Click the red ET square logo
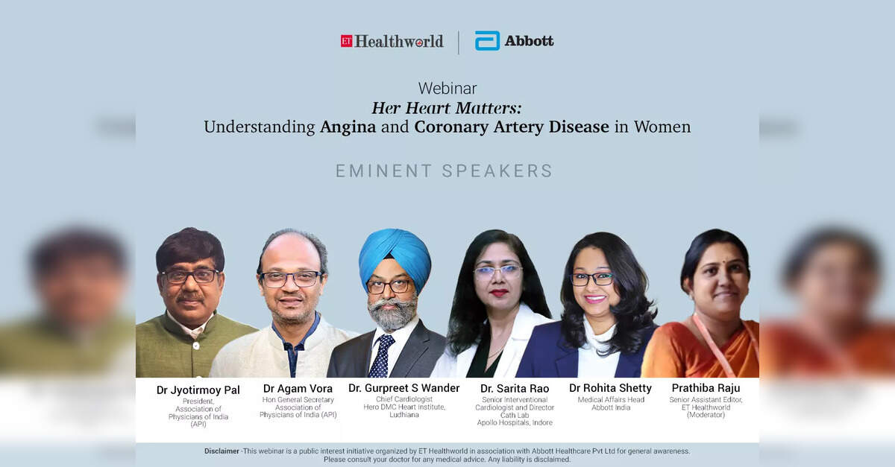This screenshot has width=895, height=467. pyautogui.click(x=346, y=41)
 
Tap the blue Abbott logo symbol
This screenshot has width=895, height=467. pyautogui.click(x=487, y=41)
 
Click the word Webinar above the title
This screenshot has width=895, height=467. pyautogui.click(x=447, y=88)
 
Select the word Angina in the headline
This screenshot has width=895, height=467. pyautogui.click(x=348, y=127)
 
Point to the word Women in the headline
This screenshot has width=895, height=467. pyautogui.click(x=662, y=127)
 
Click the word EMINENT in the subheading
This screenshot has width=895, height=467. pyautogui.click(x=383, y=171)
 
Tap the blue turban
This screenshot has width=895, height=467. pyautogui.click(x=395, y=255)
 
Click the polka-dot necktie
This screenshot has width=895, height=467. pyautogui.click(x=381, y=355)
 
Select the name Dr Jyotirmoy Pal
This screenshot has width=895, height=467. pyautogui.click(x=198, y=390)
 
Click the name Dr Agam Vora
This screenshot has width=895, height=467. pyautogui.click(x=298, y=388)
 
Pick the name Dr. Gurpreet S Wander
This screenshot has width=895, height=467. pyautogui.click(x=404, y=388)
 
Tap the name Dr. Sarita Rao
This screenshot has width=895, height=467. pyautogui.click(x=515, y=388)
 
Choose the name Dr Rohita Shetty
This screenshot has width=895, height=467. pyautogui.click(x=611, y=388)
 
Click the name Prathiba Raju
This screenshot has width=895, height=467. pyautogui.click(x=706, y=388)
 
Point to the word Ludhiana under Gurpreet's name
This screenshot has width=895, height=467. pyautogui.click(x=404, y=415)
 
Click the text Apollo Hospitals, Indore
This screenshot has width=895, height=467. pyautogui.click(x=515, y=423)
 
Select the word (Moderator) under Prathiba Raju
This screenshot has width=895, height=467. pyautogui.click(x=706, y=415)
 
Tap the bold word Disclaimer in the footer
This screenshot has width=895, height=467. pyautogui.click(x=222, y=451)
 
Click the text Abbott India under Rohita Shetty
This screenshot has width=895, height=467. pyautogui.click(x=611, y=407)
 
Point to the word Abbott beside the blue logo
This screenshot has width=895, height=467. pyautogui.click(x=529, y=41)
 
